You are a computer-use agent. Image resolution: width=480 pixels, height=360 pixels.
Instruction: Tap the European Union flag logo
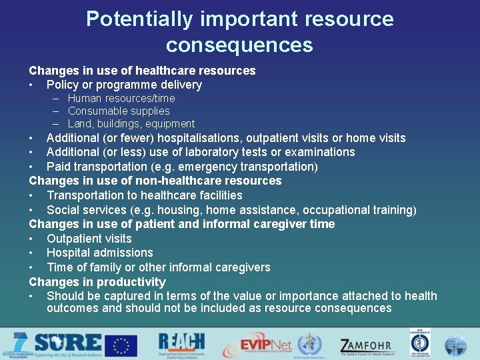124,345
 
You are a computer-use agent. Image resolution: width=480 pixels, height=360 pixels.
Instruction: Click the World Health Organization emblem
309,345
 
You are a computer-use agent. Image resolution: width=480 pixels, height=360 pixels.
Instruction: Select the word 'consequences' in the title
239,45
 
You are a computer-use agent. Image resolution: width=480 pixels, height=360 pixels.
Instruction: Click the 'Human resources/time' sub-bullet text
121,99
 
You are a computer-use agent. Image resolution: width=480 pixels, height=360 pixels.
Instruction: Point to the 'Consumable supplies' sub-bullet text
119,111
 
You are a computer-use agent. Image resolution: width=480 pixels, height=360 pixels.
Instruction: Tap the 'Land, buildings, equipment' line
131,124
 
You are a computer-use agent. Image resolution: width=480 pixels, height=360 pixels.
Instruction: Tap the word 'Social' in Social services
63,210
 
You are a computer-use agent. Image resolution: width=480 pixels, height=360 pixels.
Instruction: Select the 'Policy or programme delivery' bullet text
124,85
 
